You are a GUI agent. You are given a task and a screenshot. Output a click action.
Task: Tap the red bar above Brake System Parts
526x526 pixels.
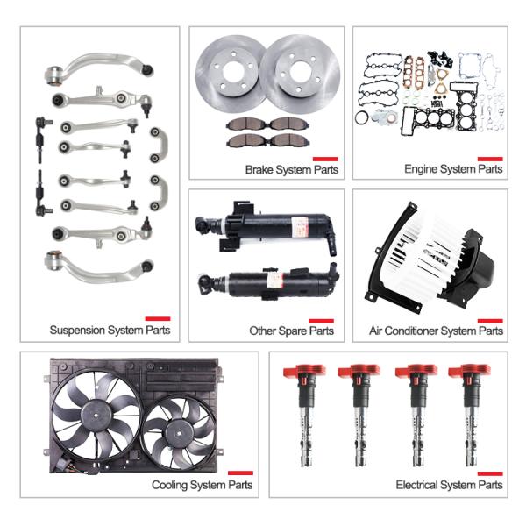pos(325,159)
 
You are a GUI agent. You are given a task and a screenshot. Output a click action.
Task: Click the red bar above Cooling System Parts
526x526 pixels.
pos(240,473)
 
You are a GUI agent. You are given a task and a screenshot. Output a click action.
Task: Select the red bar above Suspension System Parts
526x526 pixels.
pos(158,319)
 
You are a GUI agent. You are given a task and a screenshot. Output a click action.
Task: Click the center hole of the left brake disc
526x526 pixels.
pos(233,72)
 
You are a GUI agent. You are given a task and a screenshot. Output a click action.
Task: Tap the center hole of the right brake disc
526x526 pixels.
pos(300,72)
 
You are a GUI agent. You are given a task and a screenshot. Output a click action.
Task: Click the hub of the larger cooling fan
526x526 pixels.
pos(96,415)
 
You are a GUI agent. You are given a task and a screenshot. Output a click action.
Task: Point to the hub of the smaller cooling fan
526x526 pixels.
pos(179,434)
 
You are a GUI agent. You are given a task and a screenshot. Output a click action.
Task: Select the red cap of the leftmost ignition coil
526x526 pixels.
pos(304,371)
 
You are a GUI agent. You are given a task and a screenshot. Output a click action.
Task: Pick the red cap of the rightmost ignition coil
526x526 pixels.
pos(470,371)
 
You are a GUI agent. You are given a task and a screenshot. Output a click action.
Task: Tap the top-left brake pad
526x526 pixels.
pos(247,124)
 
